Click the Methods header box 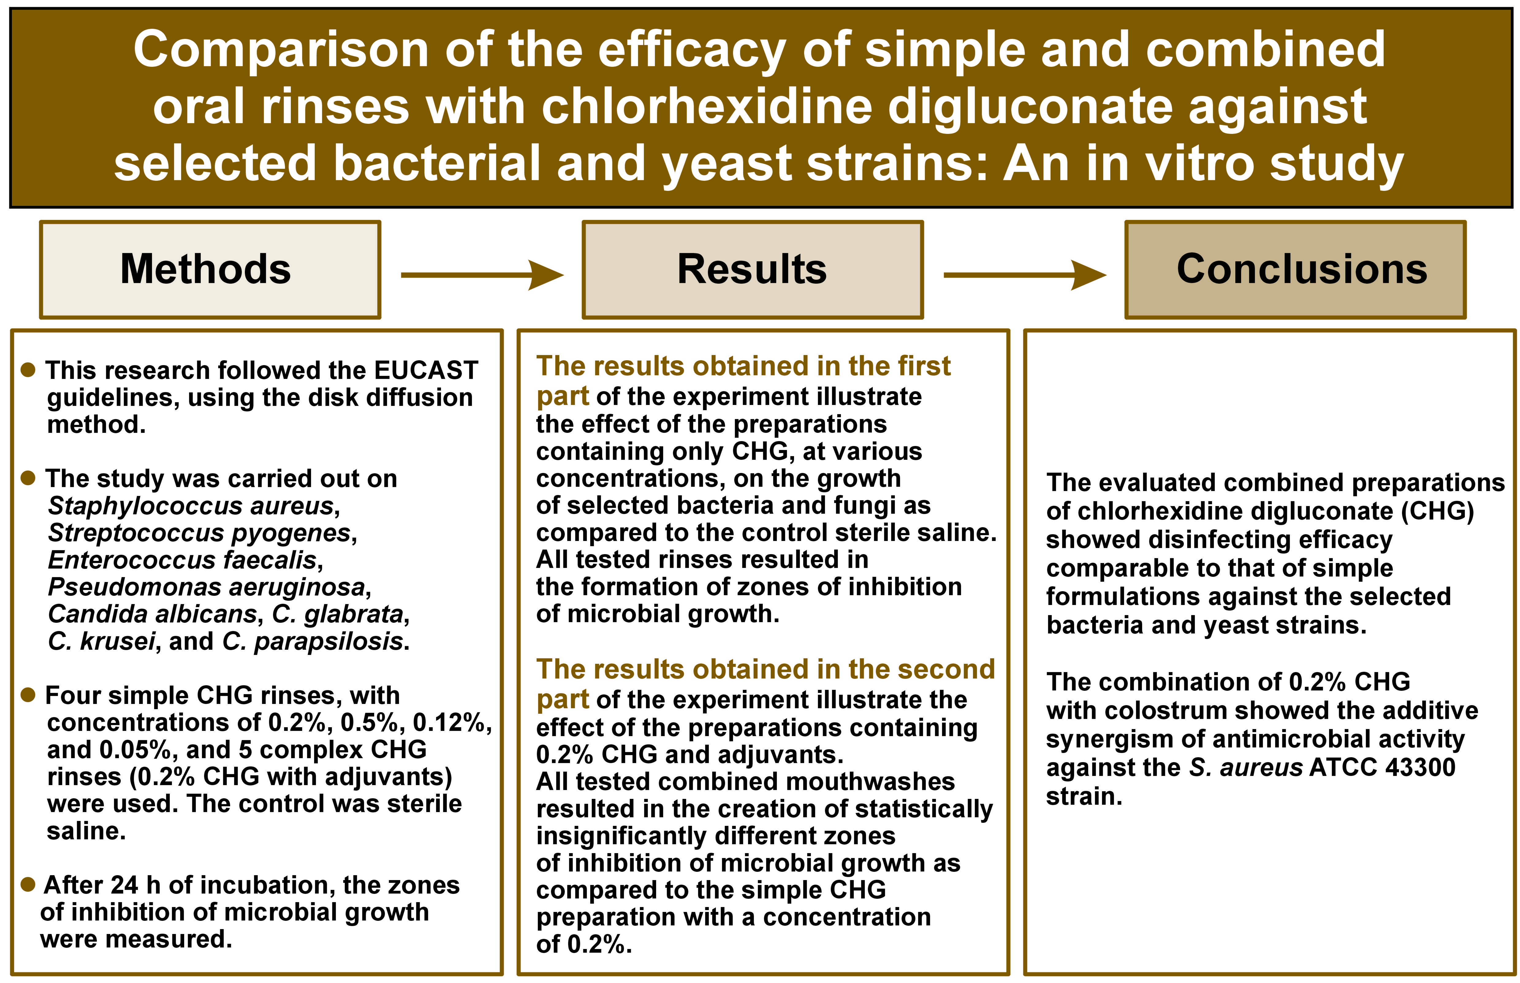[x=210, y=269]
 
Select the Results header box [x=752, y=269]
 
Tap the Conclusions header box [x=1295, y=269]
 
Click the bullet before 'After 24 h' [x=28, y=884]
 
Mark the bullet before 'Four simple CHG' [x=28, y=694]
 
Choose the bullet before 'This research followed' [x=28, y=370]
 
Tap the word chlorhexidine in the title [x=707, y=107]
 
